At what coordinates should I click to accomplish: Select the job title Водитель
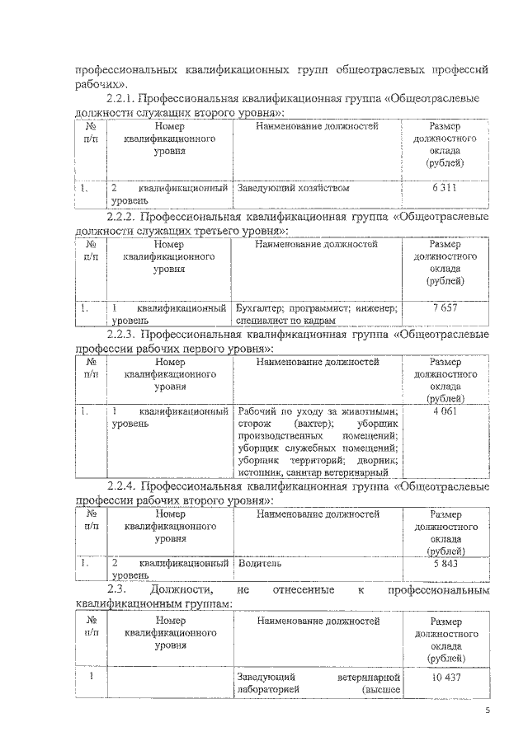pos(260,564)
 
